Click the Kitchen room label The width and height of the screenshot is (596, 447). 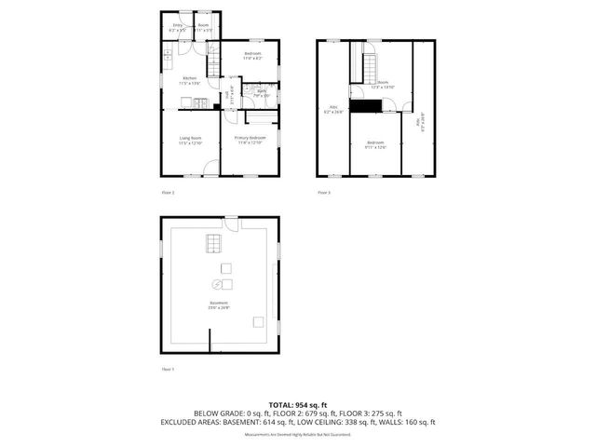189,79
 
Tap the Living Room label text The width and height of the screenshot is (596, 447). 190,141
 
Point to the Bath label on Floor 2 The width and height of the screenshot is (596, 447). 262,92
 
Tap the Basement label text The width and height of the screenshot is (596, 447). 219,305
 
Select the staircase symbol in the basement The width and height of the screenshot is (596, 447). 213,243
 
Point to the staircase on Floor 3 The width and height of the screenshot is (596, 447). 368,68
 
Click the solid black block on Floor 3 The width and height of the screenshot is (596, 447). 372,105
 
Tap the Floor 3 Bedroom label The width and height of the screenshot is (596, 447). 375,144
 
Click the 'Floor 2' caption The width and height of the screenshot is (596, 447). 169,193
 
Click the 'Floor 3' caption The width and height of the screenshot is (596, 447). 324,193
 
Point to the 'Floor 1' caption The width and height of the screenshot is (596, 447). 169,370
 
